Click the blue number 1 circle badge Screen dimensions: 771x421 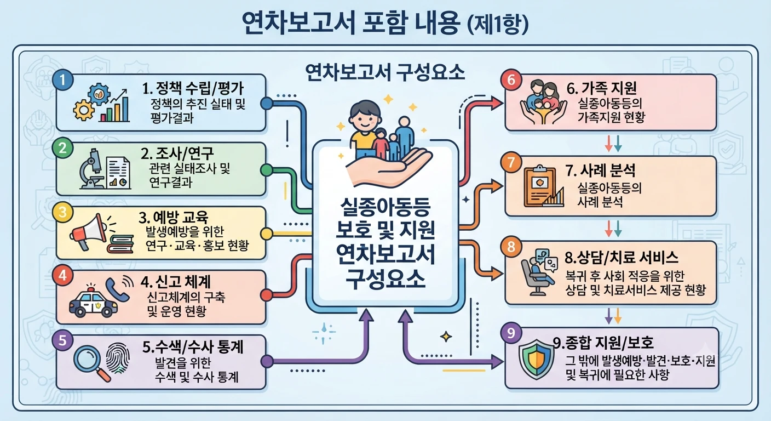tap(62, 80)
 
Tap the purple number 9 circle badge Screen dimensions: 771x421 tap(511, 333)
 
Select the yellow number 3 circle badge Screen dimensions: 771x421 tap(62, 212)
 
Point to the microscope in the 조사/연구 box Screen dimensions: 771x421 tap(91, 169)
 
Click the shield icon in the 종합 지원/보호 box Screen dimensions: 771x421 tap(536, 359)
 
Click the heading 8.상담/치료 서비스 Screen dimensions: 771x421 tap(622, 257)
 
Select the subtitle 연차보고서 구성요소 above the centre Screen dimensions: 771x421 tap(385, 73)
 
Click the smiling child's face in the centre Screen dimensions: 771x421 tap(365, 117)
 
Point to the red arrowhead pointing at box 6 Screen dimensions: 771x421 tap(497, 103)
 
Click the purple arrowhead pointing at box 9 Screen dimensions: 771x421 tap(497, 362)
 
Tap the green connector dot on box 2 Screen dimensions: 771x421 tap(267, 170)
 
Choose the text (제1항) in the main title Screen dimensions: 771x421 tap(498, 24)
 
